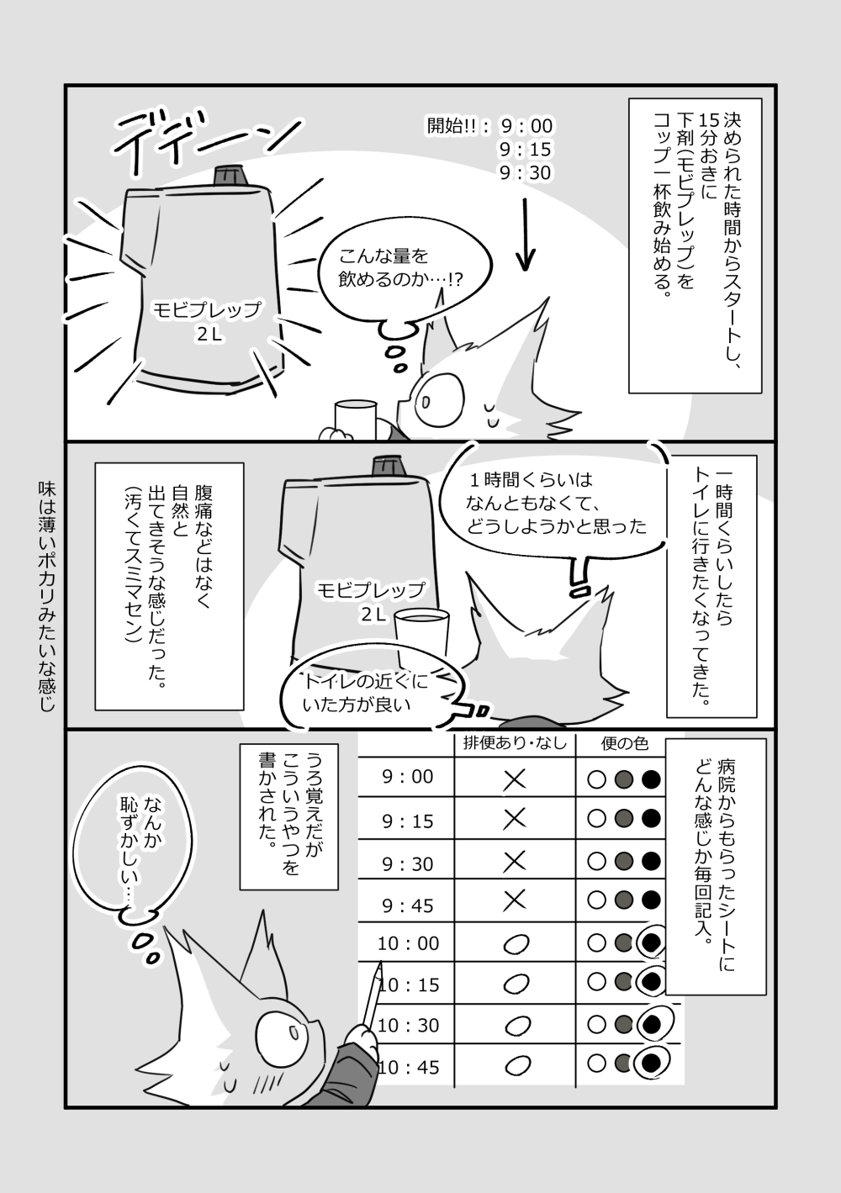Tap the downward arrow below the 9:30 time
[525, 235]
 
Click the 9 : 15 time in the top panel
[525, 149]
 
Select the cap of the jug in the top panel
[230, 175]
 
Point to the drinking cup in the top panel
[356, 420]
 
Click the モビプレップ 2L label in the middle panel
[372, 601]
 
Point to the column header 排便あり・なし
[515, 743]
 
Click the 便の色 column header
[624, 743]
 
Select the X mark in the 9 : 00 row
[515, 780]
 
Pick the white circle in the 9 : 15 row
[596, 820]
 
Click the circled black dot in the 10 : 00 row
[651, 942]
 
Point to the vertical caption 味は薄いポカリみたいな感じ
[47, 597]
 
